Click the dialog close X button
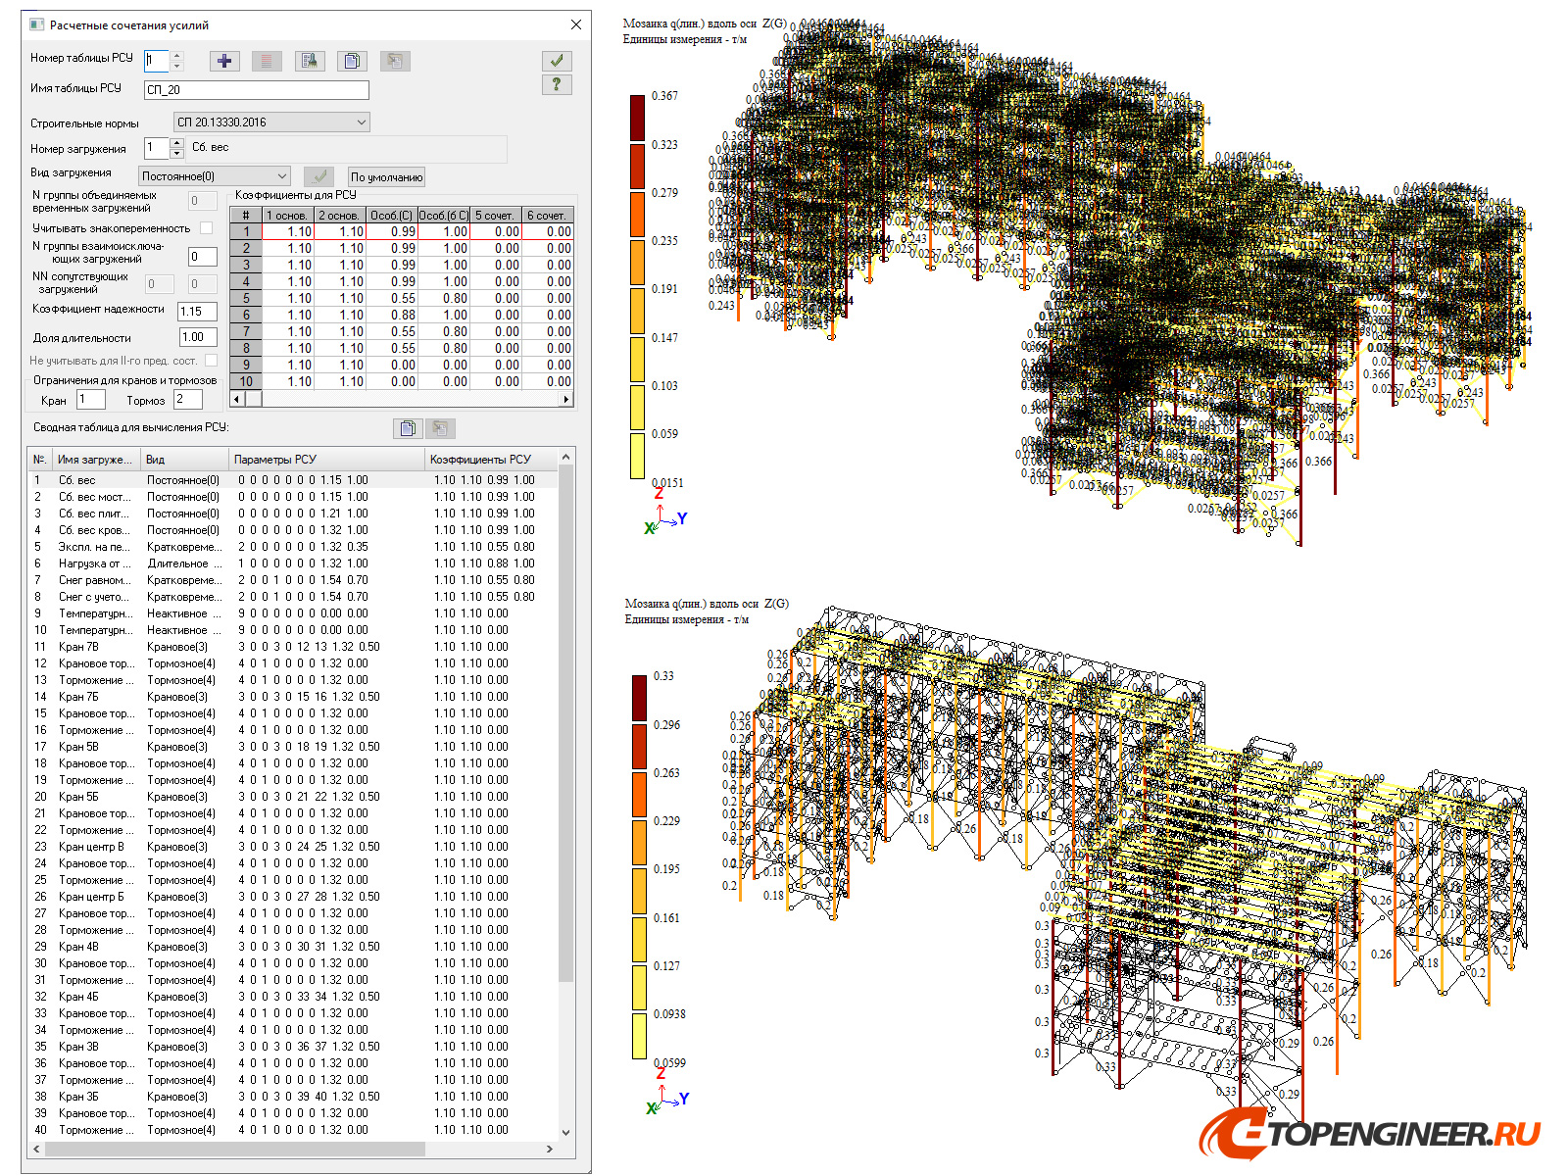[x=576, y=24]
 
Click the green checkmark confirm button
[x=556, y=61]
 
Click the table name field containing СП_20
[x=256, y=90]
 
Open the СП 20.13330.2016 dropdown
[x=361, y=122]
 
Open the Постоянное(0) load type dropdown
[x=282, y=176]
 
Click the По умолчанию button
[x=386, y=177]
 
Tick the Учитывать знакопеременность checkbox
[x=206, y=228]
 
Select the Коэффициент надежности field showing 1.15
[x=196, y=312]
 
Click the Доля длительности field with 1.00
[x=197, y=338]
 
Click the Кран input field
[x=90, y=400]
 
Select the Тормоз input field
[x=187, y=400]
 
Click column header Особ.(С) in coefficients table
[x=391, y=216]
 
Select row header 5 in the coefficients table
[x=246, y=299]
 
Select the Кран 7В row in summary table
[x=78, y=647]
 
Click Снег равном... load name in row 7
[x=93, y=580]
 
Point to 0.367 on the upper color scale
[x=664, y=96]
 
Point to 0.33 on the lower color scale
[x=662, y=676]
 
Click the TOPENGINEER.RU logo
[x=1370, y=1134]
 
